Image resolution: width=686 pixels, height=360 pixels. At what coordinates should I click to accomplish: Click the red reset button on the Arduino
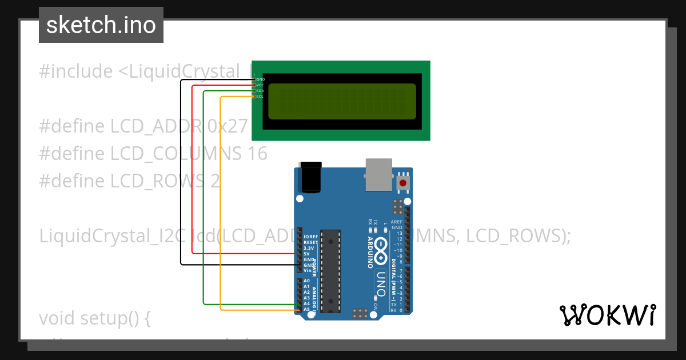(403, 183)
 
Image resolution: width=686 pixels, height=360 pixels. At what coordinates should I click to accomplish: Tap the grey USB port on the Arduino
(378, 174)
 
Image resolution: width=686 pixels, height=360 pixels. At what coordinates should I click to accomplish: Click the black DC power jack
(311, 177)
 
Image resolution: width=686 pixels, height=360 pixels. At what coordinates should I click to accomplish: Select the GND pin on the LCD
(254, 79)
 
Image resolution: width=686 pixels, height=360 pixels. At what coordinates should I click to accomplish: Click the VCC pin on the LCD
(254, 85)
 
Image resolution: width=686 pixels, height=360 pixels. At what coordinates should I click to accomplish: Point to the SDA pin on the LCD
(254, 91)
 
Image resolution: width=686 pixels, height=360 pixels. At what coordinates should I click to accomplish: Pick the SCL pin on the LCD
(254, 97)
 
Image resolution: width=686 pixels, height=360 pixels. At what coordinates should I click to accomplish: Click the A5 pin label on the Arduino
(306, 309)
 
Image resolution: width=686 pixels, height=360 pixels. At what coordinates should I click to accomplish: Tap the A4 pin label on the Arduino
(306, 303)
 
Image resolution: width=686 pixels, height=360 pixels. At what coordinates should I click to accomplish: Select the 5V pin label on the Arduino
(307, 254)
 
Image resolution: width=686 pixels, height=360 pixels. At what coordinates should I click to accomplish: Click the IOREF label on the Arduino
(310, 237)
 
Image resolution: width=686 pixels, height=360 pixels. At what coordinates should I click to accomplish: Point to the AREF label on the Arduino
(397, 222)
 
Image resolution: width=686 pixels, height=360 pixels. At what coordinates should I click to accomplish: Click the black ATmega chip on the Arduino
(330, 271)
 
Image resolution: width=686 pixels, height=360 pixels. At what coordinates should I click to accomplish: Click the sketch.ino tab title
(101, 25)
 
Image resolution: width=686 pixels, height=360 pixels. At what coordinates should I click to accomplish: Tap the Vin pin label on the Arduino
(308, 270)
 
